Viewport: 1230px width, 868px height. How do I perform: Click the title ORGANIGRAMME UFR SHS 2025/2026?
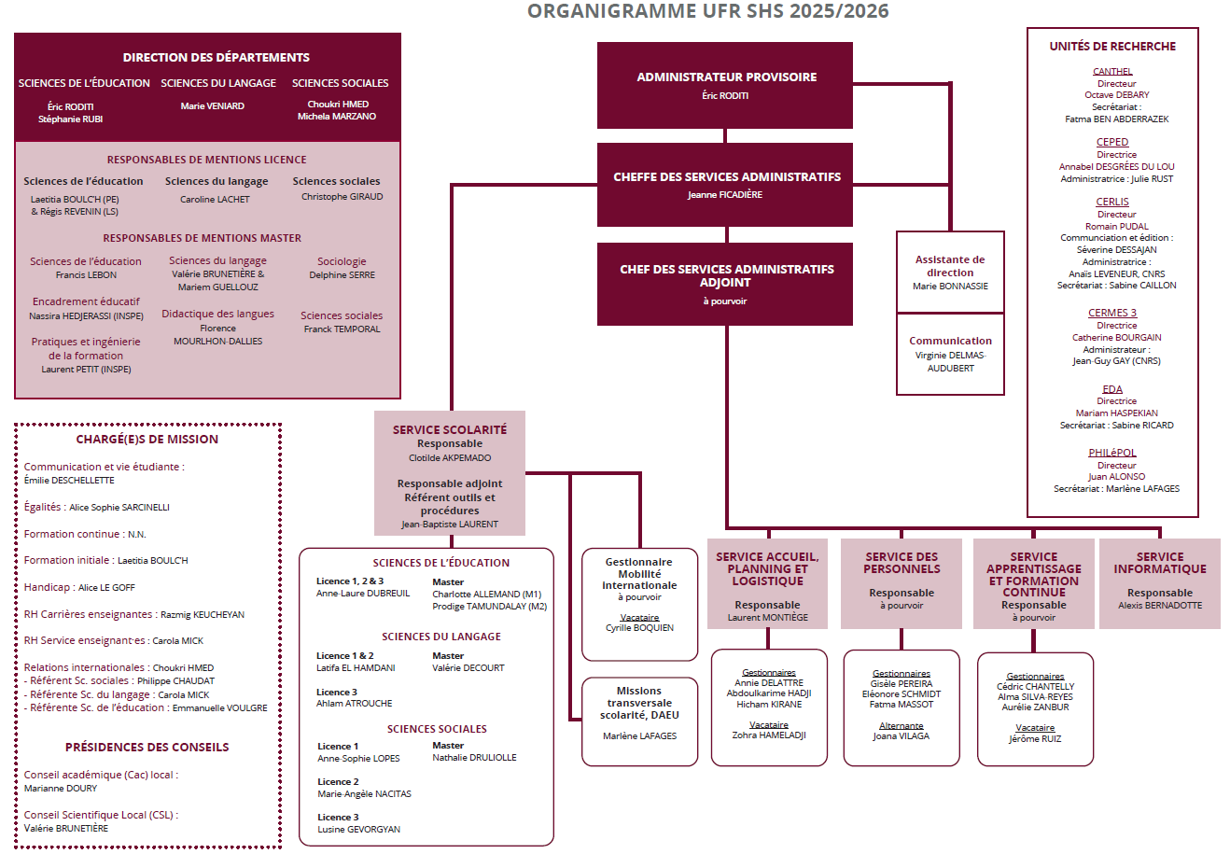[707, 11]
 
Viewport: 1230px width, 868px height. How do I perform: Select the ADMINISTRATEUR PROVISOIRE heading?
[726, 77]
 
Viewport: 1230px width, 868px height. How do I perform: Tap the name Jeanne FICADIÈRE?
[725, 195]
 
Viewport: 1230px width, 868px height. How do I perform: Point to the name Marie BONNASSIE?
[950, 287]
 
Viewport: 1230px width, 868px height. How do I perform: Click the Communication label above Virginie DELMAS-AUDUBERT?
[950, 342]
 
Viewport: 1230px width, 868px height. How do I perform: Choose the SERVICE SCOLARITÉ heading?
[450, 430]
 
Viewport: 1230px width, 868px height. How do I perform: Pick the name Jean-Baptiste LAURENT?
[450, 525]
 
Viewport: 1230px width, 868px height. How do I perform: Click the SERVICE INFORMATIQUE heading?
[1160, 563]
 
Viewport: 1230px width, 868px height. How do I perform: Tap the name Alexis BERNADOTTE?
[1160, 606]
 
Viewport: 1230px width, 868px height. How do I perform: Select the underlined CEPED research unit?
[1112, 143]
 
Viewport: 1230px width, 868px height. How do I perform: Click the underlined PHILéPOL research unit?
[1112, 454]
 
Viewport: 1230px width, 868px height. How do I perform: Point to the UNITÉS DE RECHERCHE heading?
[1112, 47]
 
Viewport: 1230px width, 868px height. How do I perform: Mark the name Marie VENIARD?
[213, 106]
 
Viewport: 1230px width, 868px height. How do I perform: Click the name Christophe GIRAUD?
[342, 197]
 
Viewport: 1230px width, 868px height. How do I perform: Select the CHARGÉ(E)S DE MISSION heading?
[147, 440]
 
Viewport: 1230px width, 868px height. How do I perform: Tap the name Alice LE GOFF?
[106, 588]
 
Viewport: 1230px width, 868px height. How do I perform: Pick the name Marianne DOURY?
[61, 789]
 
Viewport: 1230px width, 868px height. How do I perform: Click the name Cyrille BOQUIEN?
[639, 628]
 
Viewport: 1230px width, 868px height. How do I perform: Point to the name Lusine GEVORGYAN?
[358, 830]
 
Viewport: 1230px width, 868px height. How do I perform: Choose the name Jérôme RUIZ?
[1035, 739]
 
